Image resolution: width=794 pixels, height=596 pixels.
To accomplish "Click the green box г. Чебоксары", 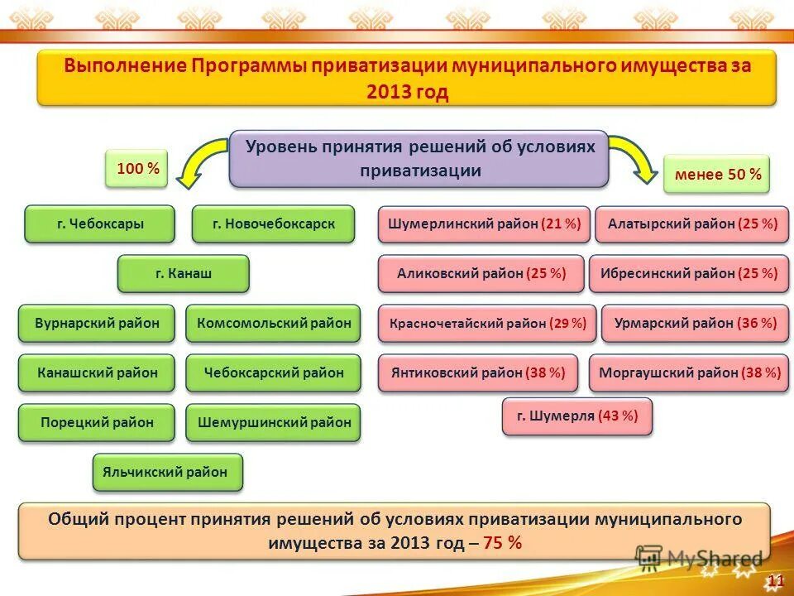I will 100,223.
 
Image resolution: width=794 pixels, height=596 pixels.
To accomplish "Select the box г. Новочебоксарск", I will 273,223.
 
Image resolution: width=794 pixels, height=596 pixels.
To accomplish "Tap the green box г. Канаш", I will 183,273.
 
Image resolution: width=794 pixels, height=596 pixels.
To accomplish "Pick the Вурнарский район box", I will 97,324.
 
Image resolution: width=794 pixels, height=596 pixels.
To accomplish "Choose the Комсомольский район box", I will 273,324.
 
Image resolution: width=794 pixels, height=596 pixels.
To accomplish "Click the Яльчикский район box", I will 168,473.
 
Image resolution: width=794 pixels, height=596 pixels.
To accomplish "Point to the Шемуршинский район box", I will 273,422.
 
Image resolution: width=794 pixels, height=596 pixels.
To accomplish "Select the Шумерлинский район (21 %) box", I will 484,223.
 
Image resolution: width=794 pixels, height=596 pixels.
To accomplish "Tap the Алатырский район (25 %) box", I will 692,223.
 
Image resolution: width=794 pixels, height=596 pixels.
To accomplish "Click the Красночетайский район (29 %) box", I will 487,324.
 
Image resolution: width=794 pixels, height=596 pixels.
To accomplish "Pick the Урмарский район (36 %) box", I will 695,324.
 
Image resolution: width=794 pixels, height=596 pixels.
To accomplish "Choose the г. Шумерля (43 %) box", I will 576,416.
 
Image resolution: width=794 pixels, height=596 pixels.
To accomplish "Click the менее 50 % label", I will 716,175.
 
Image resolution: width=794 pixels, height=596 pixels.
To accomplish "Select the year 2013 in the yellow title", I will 385,92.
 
